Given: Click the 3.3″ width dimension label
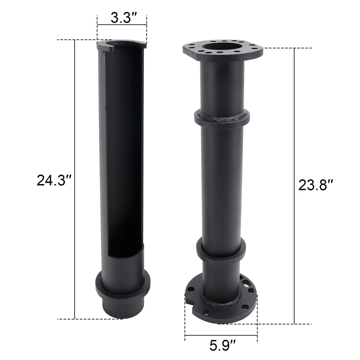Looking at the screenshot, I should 121,18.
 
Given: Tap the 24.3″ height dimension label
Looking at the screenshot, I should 54,180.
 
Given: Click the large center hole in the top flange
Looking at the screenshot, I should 223,46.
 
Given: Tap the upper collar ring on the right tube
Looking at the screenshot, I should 222,118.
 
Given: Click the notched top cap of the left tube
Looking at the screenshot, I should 121,44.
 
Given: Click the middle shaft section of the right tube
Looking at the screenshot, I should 222,184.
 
